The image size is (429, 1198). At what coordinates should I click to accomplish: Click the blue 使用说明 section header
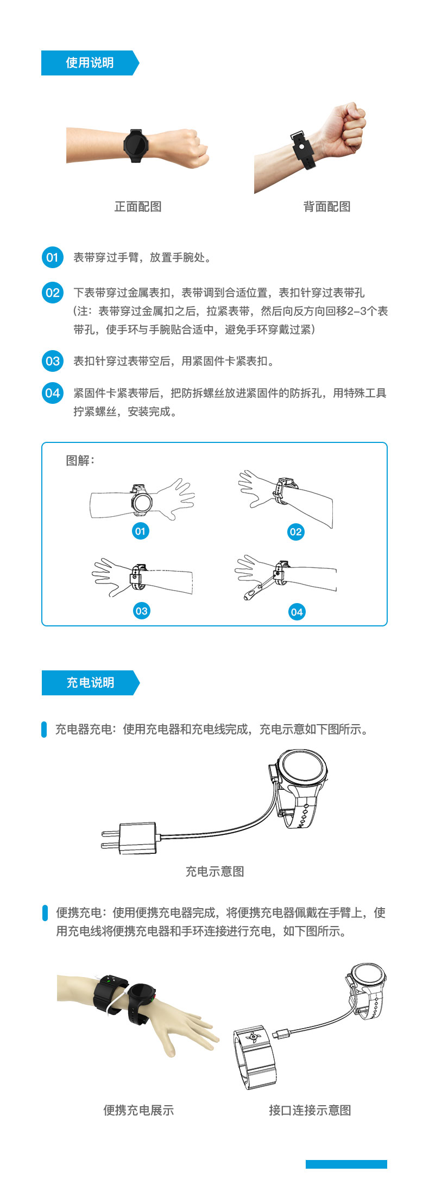[x=90, y=63]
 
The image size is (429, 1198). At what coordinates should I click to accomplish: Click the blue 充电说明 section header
[x=90, y=683]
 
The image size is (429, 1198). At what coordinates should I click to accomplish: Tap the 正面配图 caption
[x=138, y=207]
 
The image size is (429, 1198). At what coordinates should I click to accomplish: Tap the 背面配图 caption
[x=326, y=207]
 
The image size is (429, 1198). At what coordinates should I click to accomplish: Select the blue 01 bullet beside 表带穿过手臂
[x=52, y=257]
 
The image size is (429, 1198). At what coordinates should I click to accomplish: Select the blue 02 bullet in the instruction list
[x=52, y=293]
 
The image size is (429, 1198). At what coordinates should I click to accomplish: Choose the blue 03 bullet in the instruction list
[x=52, y=361]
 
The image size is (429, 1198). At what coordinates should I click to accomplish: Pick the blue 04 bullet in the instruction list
[x=52, y=393]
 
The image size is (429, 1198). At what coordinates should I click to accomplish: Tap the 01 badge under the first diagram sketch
[x=140, y=531]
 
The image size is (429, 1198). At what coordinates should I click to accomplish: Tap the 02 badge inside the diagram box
[x=295, y=531]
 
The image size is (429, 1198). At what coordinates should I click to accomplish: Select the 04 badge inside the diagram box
[x=296, y=612]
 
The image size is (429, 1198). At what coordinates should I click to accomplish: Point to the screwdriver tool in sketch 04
[x=258, y=588]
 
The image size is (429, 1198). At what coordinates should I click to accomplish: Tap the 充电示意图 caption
[x=214, y=872]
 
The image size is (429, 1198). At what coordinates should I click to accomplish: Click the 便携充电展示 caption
[x=138, y=1111]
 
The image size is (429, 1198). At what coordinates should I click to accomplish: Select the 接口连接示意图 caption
[x=310, y=1111]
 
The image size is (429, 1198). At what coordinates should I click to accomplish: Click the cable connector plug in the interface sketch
[x=283, y=1032]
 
